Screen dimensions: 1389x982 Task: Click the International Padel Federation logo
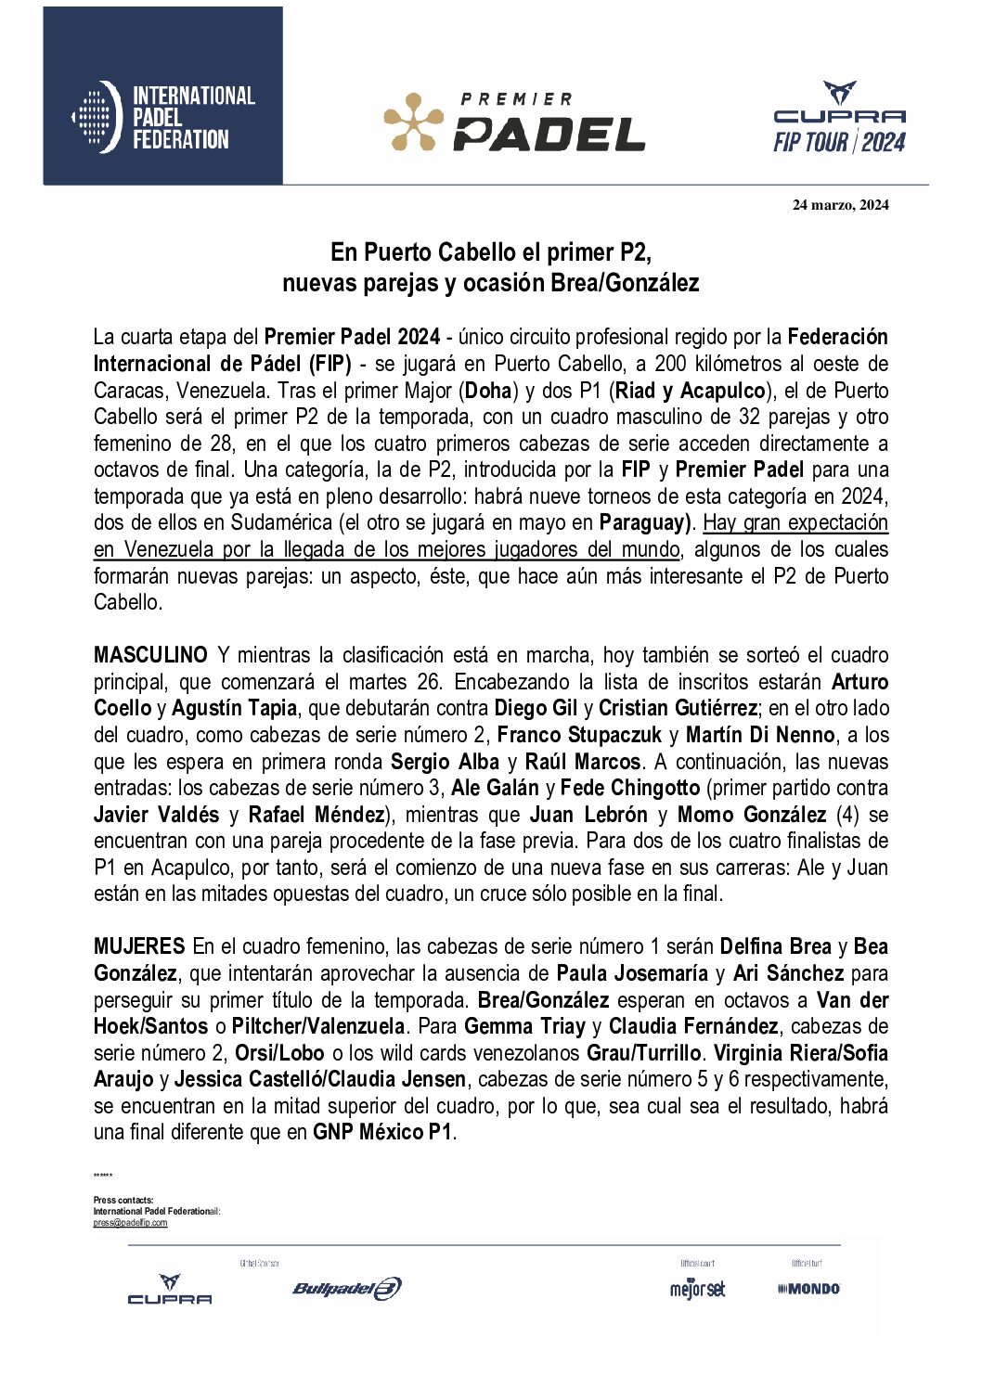pyautogui.click(x=163, y=117)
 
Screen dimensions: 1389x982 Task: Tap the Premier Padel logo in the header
pyautogui.click(x=515, y=122)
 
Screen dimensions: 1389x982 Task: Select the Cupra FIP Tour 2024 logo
pyautogui.click(x=839, y=118)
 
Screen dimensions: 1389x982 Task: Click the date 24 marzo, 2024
pyautogui.click(x=840, y=205)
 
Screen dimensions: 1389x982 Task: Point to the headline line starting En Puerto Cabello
pyautogui.click(x=491, y=252)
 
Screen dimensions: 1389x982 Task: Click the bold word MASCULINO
pyautogui.click(x=150, y=655)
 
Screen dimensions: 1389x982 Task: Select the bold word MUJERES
pyautogui.click(x=139, y=946)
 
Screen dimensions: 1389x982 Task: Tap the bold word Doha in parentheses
pyautogui.click(x=488, y=391)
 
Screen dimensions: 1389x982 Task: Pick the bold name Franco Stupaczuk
pyautogui.click(x=579, y=735)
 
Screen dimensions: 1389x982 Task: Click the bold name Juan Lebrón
pyautogui.click(x=588, y=815)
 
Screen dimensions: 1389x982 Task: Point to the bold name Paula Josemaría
pyautogui.click(x=632, y=973)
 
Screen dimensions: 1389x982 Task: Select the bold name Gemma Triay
pyautogui.click(x=524, y=1026)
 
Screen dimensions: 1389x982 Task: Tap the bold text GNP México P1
pyautogui.click(x=382, y=1132)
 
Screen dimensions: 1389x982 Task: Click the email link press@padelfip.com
pyautogui.click(x=130, y=1223)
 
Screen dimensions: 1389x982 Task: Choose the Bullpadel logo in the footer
pyautogui.click(x=347, y=1288)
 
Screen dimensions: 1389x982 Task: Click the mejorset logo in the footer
pyautogui.click(x=697, y=1289)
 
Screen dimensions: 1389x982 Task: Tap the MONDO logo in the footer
pyautogui.click(x=808, y=1289)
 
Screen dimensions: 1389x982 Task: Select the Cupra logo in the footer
pyautogui.click(x=170, y=1290)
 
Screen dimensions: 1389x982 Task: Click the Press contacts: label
pyautogui.click(x=123, y=1200)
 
